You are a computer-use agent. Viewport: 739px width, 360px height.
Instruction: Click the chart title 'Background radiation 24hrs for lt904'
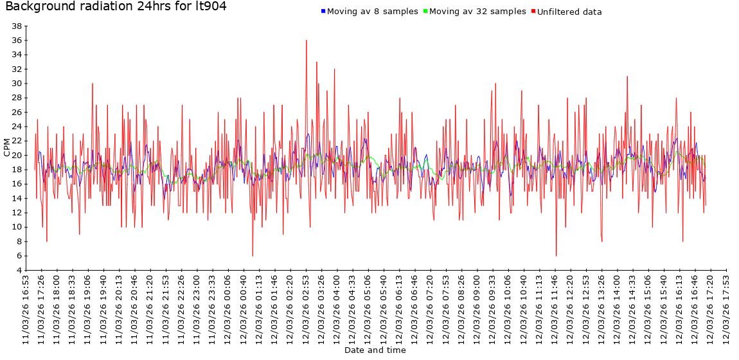tap(116, 7)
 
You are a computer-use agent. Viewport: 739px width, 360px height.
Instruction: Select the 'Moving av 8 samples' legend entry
tap(372, 12)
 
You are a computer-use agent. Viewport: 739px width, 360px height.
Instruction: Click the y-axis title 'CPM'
tap(7, 148)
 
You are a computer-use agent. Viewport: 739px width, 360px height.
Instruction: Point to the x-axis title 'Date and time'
tap(375, 350)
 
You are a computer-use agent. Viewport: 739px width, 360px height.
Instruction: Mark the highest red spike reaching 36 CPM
tap(307, 40)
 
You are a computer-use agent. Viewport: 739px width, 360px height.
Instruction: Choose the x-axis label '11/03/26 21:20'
tap(150, 309)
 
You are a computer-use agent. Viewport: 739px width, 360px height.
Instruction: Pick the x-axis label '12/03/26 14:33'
tap(632, 309)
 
